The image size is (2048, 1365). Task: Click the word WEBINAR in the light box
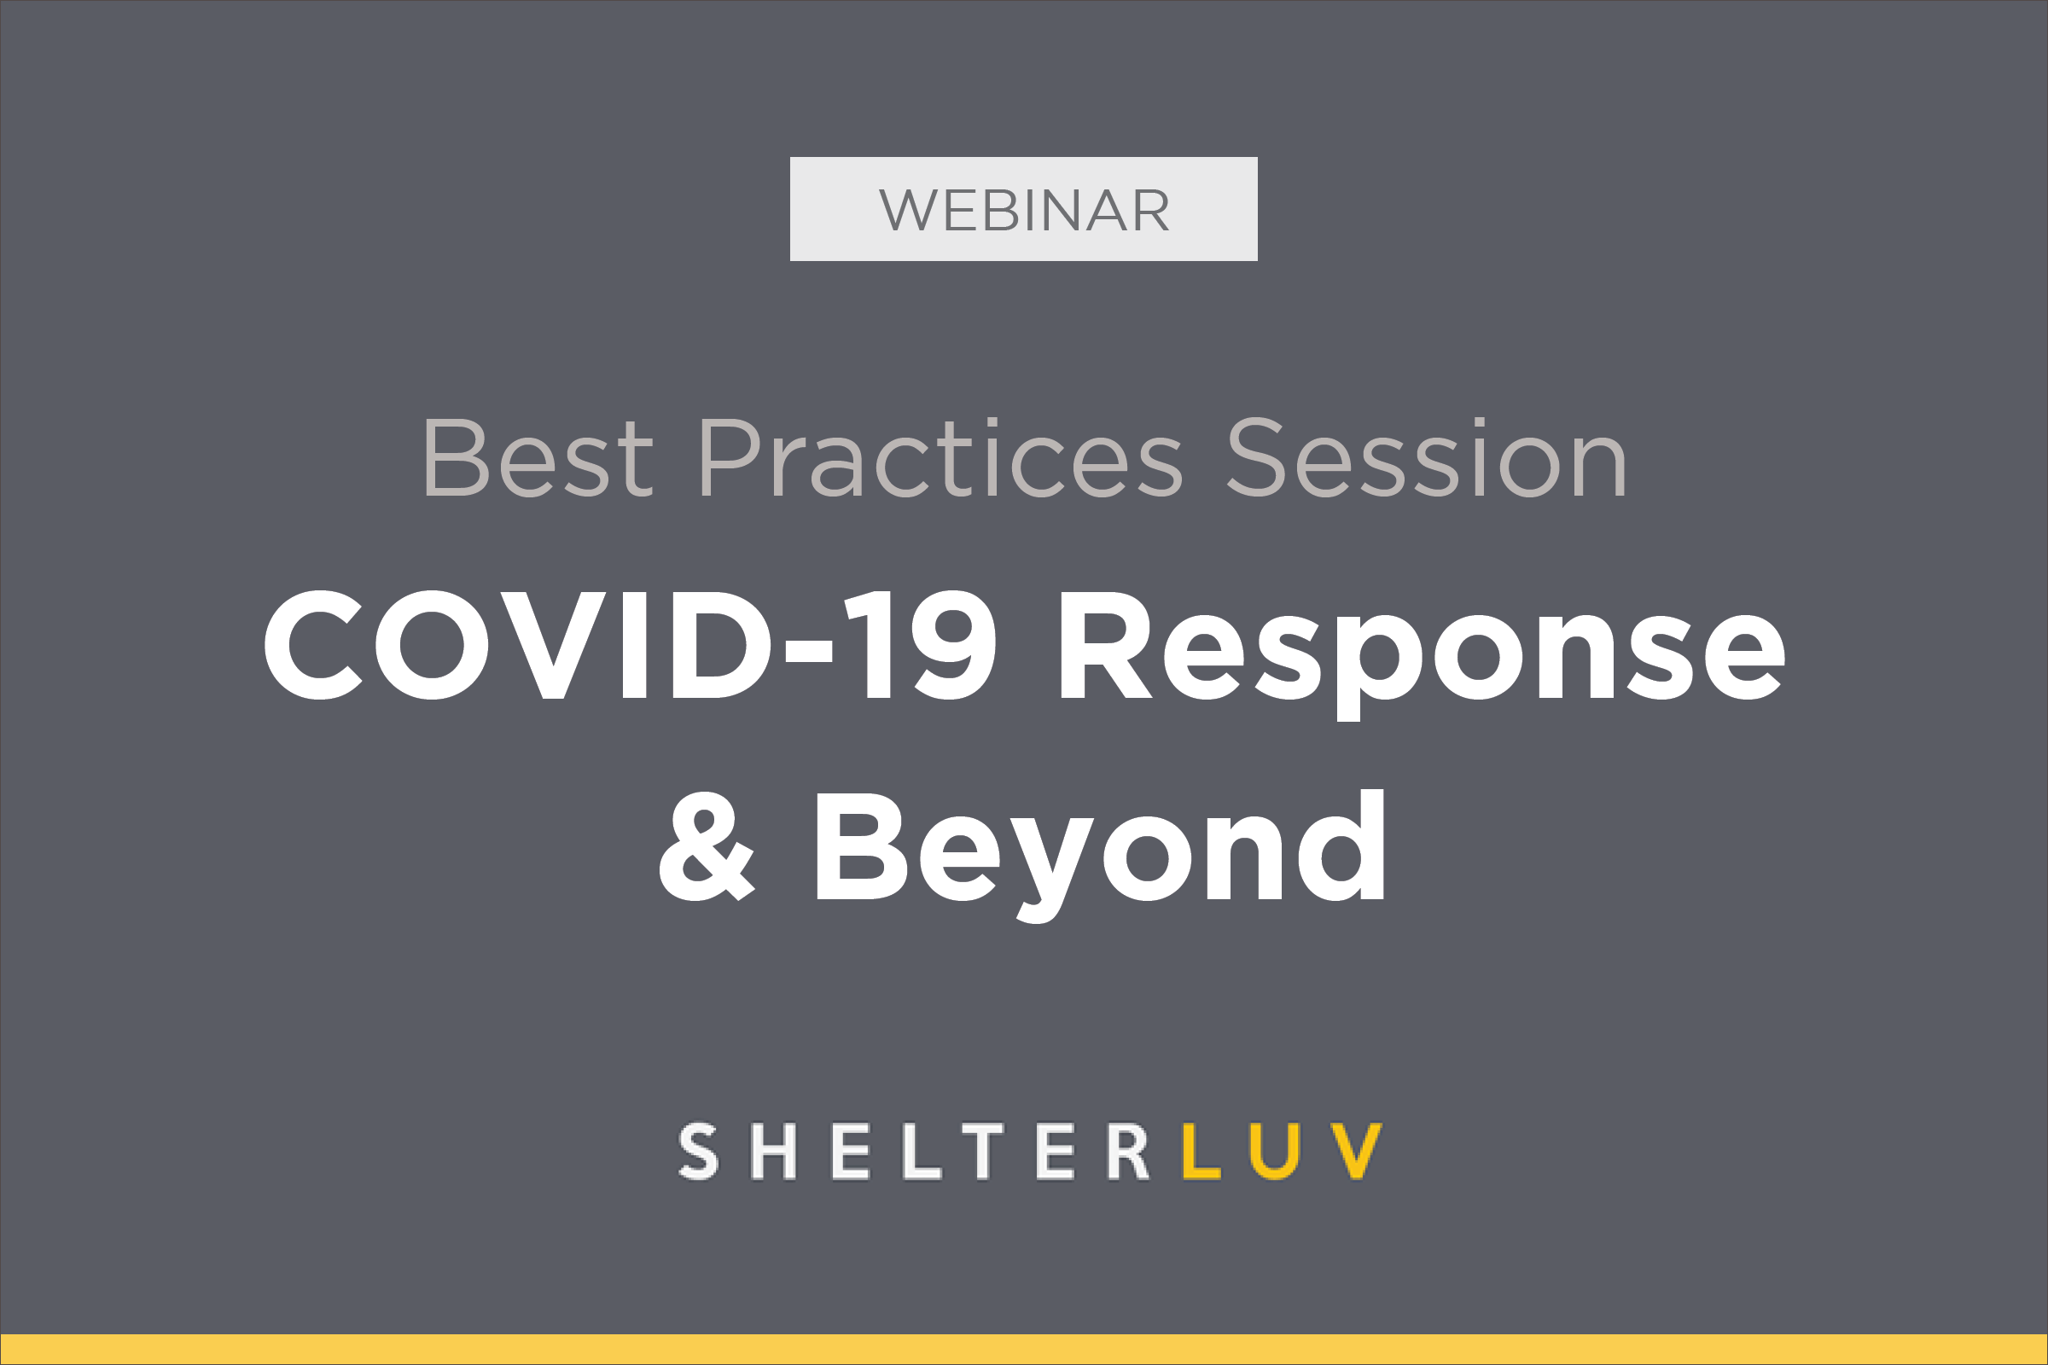pyautogui.click(x=1024, y=210)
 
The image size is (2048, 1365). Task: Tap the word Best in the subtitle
pyautogui.click(x=539, y=457)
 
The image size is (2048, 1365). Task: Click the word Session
pyautogui.click(x=1427, y=457)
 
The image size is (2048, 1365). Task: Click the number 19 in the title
pyautogui.click(x=920, y=644)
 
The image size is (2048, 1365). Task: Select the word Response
pyautogui.click(x=1423, y=655)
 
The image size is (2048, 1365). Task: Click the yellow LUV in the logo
pyautogui.click(x=1282, y=1151)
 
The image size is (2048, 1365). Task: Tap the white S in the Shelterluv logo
pyautogui.click(x=698, y=1151)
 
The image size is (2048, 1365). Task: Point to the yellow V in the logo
pyautogui.click(x=1356, y=1151)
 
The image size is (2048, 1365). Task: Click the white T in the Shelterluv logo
pyautogui.click(x=983, y=1151)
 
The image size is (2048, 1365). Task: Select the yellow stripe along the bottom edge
pyautogui.click(x=1024, y=1350)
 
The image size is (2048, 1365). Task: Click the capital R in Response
pyautogui.click(x=1106, y=645)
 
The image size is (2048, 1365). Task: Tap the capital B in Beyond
pyautogui.click(x=862, y=846)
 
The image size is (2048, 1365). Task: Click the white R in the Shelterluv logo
pyautogui.click(x=1127, y=1151)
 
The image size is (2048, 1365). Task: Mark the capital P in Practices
pyautogui.click(x=730, y=457)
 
